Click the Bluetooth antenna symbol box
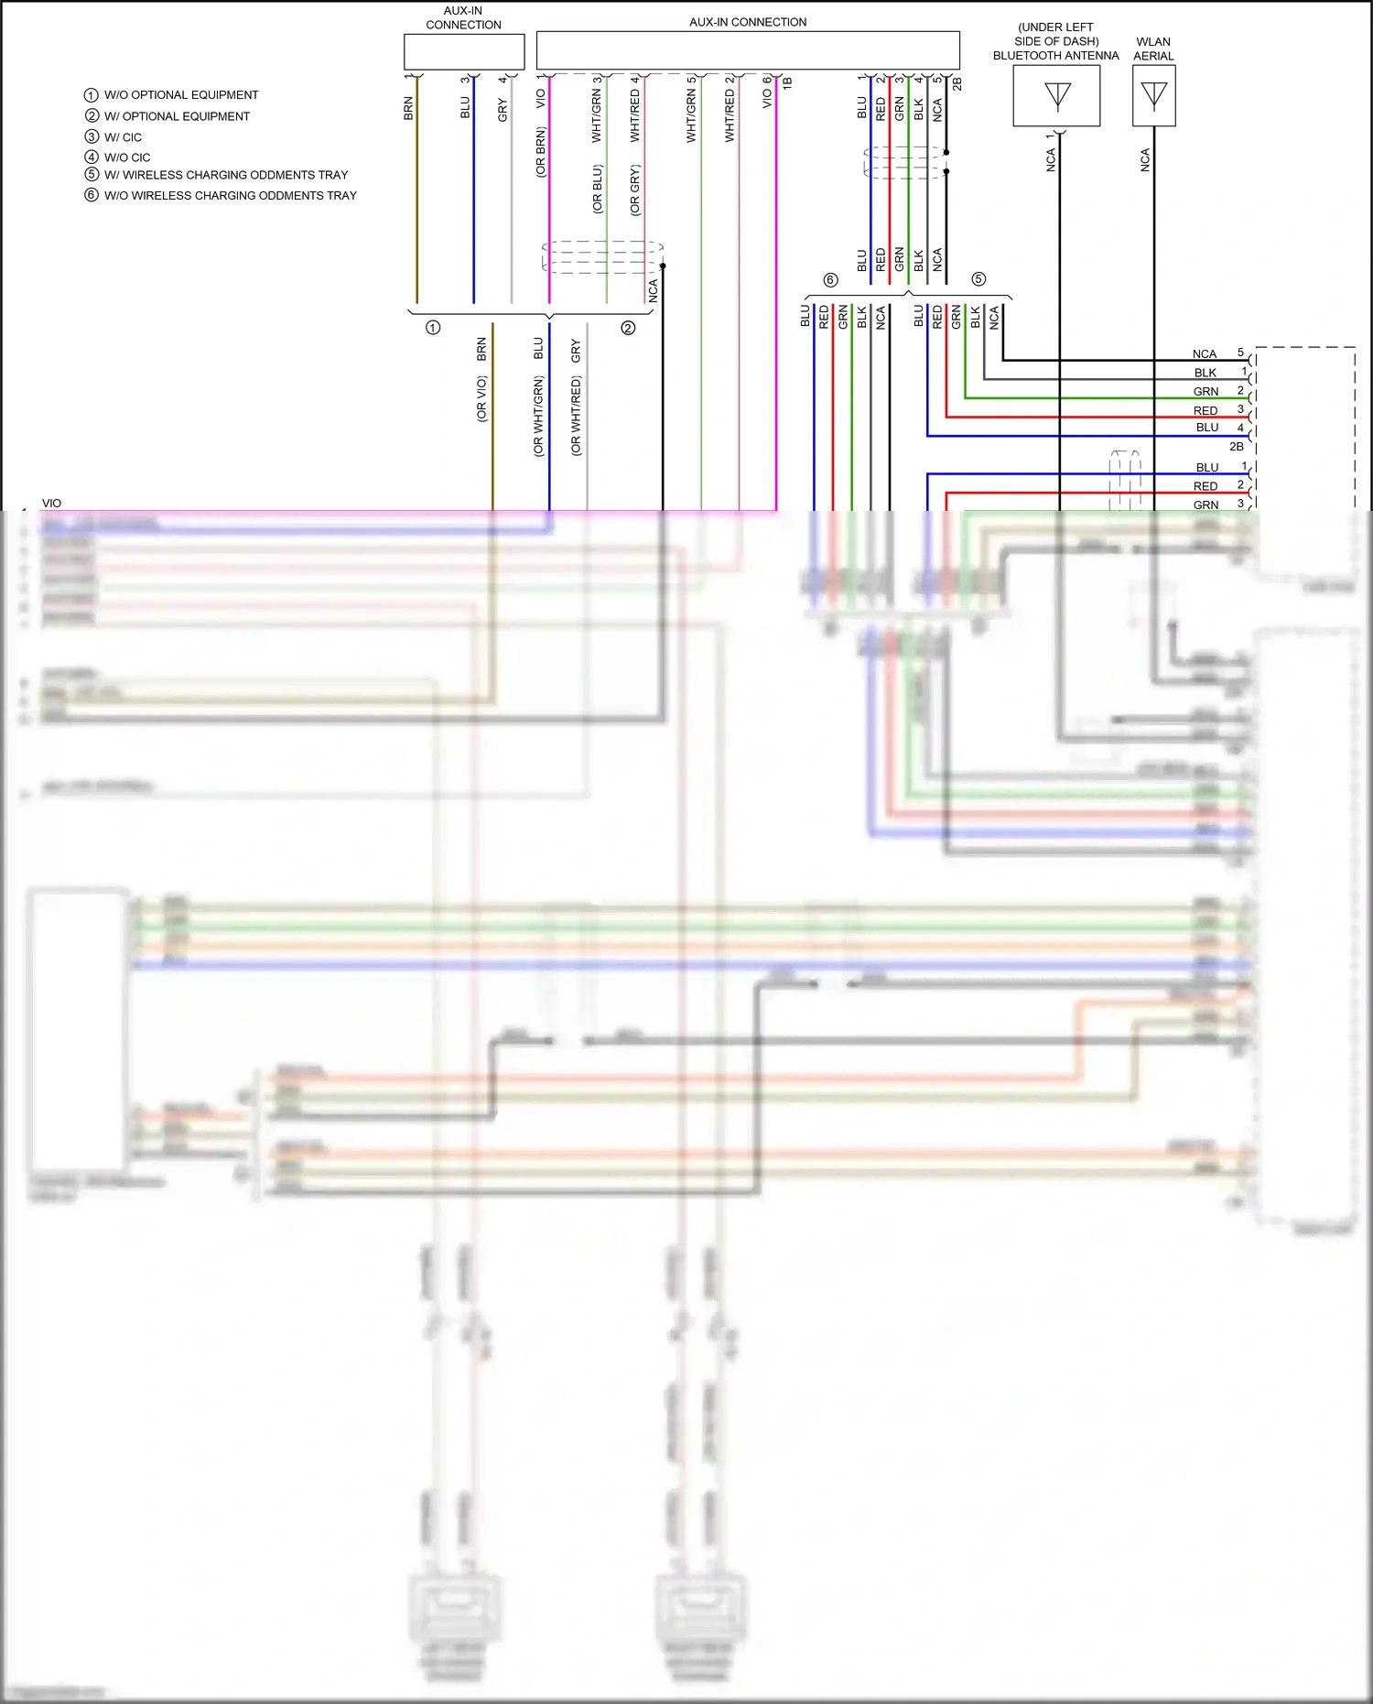(1056, 96)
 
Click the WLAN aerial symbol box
(1153, 96)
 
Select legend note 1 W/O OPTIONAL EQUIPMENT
(180, 95)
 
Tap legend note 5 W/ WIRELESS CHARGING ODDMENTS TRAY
(225, 175)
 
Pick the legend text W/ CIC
(123, 137)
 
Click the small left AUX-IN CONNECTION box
(463, 51)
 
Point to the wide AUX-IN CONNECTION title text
(748, 22)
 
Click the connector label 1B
(787, 82)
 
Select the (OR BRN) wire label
(541, 152)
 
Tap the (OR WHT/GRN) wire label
(538, 417)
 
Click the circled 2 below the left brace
(628, 328)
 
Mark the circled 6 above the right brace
(830, 280)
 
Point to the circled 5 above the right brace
(978, 279)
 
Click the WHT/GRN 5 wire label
(691, 109)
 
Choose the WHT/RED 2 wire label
(730, 109)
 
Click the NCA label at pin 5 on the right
(1205, 354)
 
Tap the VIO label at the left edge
(51, 504)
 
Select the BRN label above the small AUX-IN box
(409, 108)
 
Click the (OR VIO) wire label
(481, 399)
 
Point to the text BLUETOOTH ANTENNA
(1055, 56)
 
